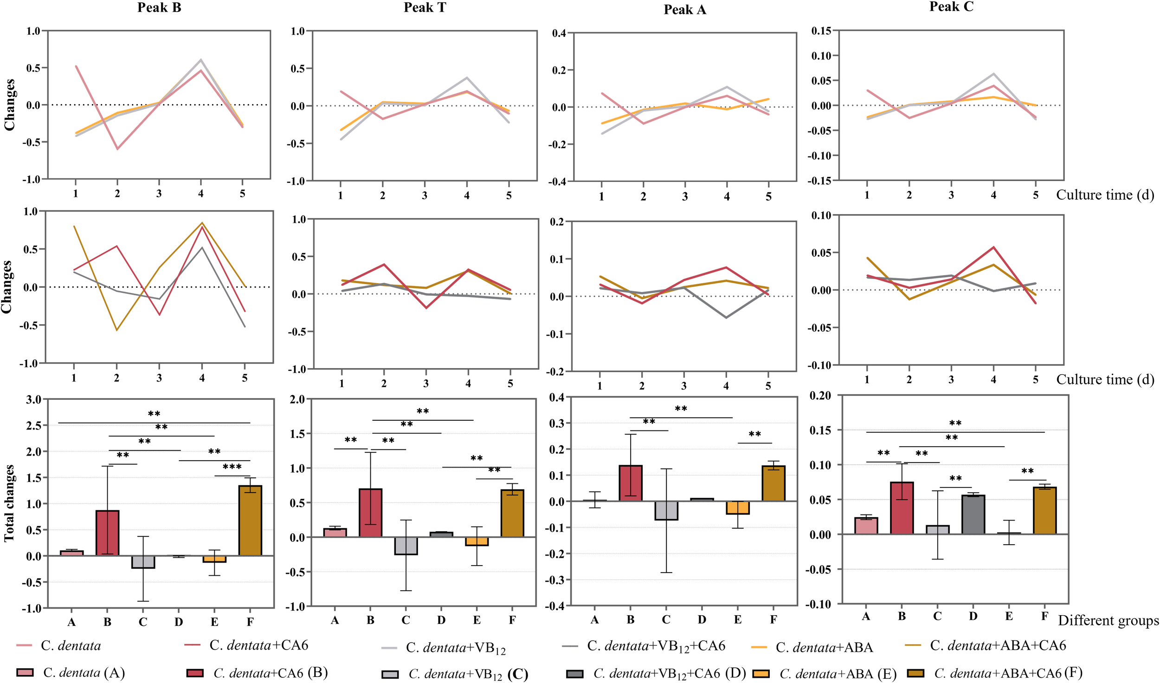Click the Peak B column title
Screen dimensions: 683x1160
(x=159, y=7)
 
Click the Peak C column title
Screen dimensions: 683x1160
(x=951, y=7)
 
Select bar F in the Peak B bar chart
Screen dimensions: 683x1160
(x=250, y=520)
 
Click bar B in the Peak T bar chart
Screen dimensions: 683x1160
(x=370, y=513)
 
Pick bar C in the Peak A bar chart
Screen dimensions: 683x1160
(x=666, y=510)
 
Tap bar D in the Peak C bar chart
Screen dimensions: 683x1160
(x=973, y=514)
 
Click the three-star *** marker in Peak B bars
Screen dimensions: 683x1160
(x=232, y=467)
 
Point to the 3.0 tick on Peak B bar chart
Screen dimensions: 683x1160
(x=33, y=399)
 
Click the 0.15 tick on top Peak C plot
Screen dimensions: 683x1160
(x=821, y=31)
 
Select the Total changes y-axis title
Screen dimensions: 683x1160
(x=9, y=503)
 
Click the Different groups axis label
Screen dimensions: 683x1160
(x=1108, y=620)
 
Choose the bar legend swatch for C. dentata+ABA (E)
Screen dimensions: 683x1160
(x=761, y=673)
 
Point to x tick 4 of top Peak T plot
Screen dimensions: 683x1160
(x=467, y=195)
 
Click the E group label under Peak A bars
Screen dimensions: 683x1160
(x=737, y=619)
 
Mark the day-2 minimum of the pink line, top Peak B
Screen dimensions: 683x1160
(x=117, y=149)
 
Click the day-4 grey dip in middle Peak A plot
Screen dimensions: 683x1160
(x=726, y=318)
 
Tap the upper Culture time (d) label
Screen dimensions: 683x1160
(x=1105, y=195)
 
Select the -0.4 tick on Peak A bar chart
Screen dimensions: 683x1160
(x=557, y=605)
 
